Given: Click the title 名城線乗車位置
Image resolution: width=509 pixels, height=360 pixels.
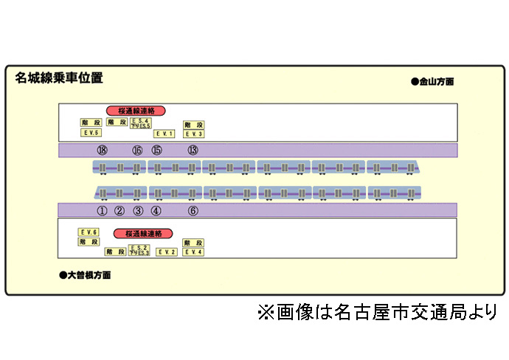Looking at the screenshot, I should tap(59, 78).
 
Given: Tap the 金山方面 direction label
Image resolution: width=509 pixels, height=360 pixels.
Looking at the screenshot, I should tap(432, 82).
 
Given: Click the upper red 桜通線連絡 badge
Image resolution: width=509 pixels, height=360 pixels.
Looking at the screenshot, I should tap(136, 111).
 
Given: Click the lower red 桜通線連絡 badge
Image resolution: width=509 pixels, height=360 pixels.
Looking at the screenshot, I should tap(143, 234).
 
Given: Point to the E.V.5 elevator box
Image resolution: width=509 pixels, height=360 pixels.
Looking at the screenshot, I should tap(90, 133).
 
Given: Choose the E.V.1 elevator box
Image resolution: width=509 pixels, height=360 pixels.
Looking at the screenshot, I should tap(164, 134).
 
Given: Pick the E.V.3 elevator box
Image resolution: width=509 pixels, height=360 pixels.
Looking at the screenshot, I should tap(194, 134).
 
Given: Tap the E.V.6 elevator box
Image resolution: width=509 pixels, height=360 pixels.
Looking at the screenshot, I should tap(89, 232).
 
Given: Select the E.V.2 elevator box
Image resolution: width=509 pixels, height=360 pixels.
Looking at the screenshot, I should tap(167, 252).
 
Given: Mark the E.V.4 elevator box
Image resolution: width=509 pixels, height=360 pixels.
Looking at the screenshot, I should tap(194, 252).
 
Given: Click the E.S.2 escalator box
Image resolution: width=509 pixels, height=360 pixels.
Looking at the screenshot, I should tap(139, 247).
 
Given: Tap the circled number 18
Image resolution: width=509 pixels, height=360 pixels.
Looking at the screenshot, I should tap(102, 150).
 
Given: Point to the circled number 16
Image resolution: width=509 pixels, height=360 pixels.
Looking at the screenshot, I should tap(137, 150).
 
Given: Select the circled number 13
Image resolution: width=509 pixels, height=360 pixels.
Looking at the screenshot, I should tap(193, 150).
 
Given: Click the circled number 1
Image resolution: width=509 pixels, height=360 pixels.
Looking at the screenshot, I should tap(102, 211).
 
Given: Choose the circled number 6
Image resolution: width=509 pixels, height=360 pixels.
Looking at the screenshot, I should tap(193, 211).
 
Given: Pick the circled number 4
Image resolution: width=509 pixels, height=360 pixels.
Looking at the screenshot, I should tap(156, 211).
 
